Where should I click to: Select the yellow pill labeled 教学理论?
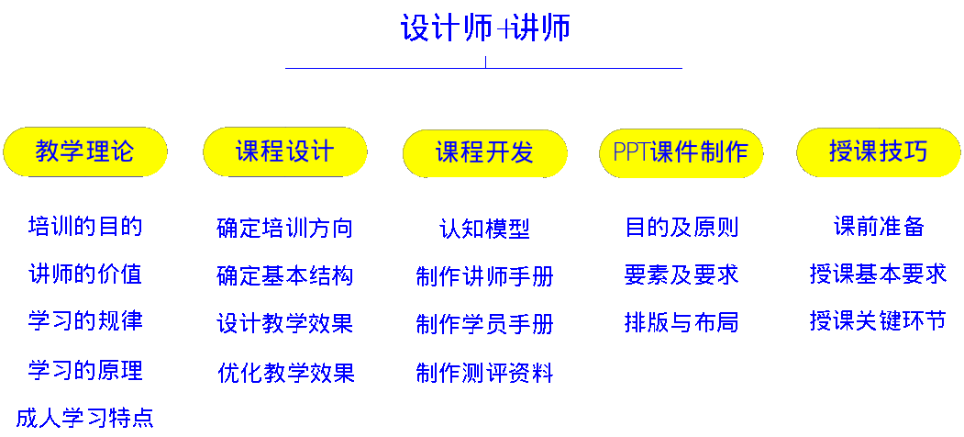coord(85,151)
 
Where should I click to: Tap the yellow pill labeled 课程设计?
coord(285,151)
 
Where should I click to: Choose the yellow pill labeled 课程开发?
coord(484,151)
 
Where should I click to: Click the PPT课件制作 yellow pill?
coord(681,151)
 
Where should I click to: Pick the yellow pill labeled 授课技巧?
coord(879,151)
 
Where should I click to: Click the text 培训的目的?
coord(85,226)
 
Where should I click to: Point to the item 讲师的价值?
coord(85,275)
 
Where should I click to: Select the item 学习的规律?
coord(85,321)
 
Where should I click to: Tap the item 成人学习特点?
coord(85,419)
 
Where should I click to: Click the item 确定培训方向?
coord(285,228)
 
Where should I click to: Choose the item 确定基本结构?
coord(285,276)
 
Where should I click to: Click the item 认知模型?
coord(484,229)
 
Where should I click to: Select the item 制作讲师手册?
coord(484,276)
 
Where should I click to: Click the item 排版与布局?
coord(681,323)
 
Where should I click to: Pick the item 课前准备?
coord(879,227)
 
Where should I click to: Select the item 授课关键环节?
coord(879,321)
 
